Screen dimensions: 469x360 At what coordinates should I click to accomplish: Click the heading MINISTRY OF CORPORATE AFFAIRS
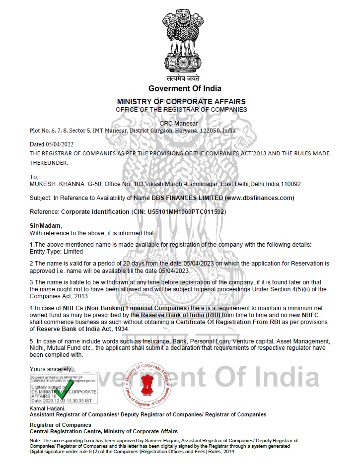pos(181,101)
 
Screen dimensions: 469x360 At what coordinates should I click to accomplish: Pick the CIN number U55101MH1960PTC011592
pos(186,211)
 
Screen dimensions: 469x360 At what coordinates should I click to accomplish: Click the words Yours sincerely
pos(51,369)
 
